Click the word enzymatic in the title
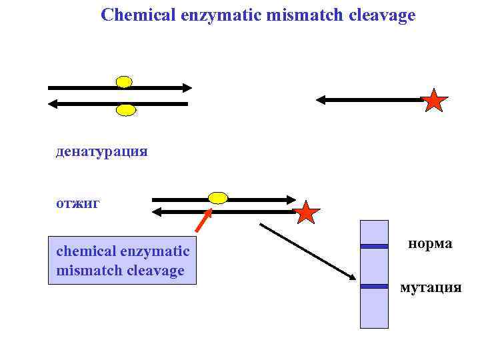click(x=218, y=15)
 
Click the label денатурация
click(x=102, y=151)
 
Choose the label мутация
click(x=430, y=287)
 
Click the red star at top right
click(x=434, y=101)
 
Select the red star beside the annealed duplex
click(x=307, y=213)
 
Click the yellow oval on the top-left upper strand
click(x=124, y=82)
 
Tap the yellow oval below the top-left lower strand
click(x=125, y=110)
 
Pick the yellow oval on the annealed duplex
click(x=218, y=197)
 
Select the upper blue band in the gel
click(x=374, y=246)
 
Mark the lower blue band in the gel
click(x=374, y=286)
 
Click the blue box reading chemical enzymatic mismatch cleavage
click(x=122, y=261)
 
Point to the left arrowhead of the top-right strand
click(x=320, y=100)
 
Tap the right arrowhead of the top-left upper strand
click(x=187, y=87)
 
